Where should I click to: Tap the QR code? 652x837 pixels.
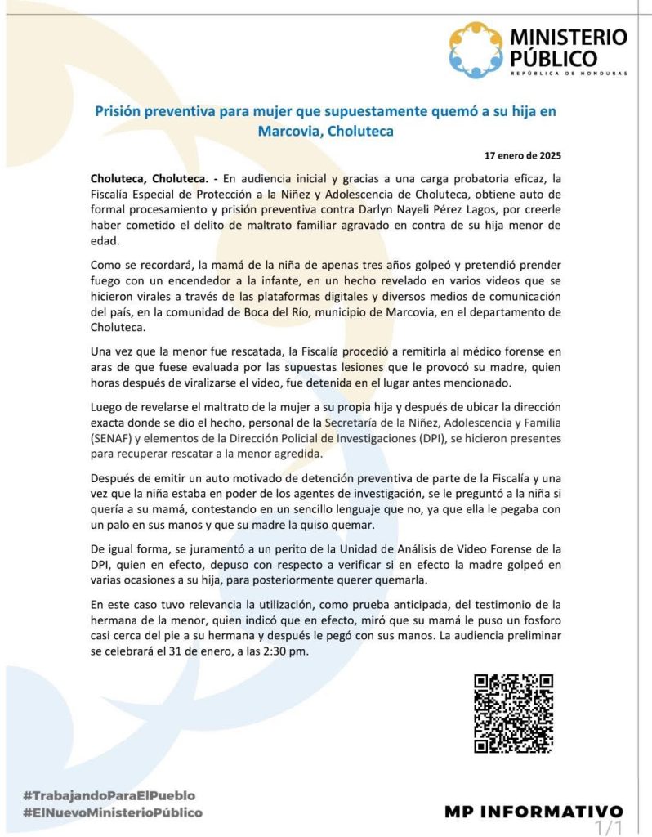(514, 713)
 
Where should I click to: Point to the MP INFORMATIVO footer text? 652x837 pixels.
(534, 812)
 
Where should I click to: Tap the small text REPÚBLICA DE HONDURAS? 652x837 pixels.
(568, 74)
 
